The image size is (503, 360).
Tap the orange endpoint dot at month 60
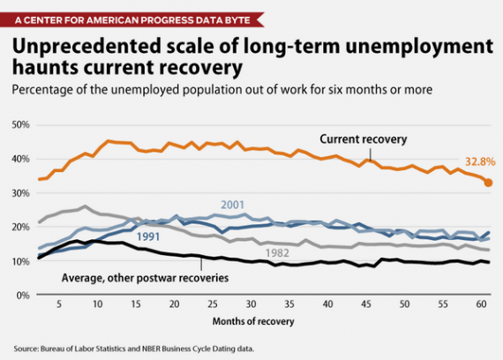488,183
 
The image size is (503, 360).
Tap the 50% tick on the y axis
19,124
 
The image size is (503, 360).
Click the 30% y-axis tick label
19,193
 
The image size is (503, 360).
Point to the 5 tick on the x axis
58,304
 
